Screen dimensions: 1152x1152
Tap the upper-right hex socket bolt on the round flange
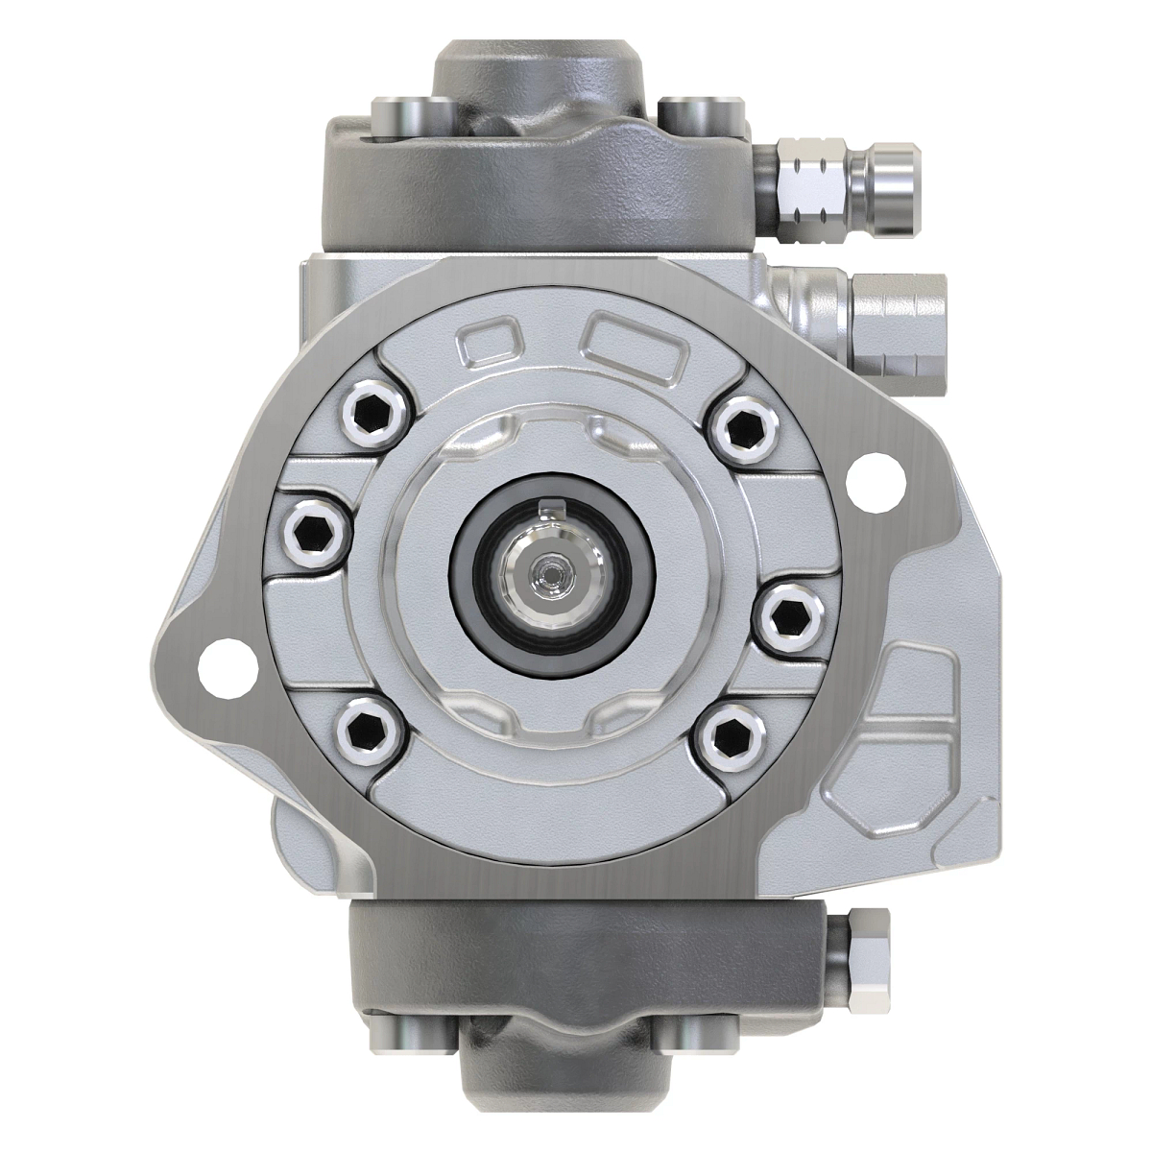click(x=740, y=429)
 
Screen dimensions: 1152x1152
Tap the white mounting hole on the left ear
click(x=219, y=663)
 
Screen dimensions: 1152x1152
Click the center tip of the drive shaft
click(x=550, y=574)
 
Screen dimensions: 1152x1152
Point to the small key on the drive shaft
click(x=550, y=507)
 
